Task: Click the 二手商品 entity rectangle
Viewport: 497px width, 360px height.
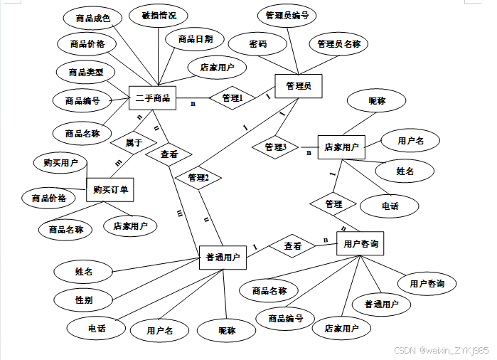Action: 153,98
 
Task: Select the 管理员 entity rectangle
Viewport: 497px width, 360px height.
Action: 299,86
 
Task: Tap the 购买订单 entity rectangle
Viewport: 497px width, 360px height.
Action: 110,190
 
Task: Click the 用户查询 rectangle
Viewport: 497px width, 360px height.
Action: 360,244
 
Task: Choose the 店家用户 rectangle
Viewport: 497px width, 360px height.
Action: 341,147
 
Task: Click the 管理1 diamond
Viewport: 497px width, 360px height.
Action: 232,98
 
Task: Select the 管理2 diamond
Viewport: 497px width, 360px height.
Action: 198,177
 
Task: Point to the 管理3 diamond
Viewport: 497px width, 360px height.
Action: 275,147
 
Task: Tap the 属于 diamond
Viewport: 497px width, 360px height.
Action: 133,143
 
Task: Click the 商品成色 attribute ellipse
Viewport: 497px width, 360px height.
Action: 92,18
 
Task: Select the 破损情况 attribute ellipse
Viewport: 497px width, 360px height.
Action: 154,16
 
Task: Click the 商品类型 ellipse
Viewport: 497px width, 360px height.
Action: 86,72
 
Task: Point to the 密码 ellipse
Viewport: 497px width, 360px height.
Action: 257,44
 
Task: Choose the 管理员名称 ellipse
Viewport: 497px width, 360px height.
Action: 338,44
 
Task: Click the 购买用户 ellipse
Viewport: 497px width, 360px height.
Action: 60,163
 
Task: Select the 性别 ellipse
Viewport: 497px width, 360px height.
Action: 84,300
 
